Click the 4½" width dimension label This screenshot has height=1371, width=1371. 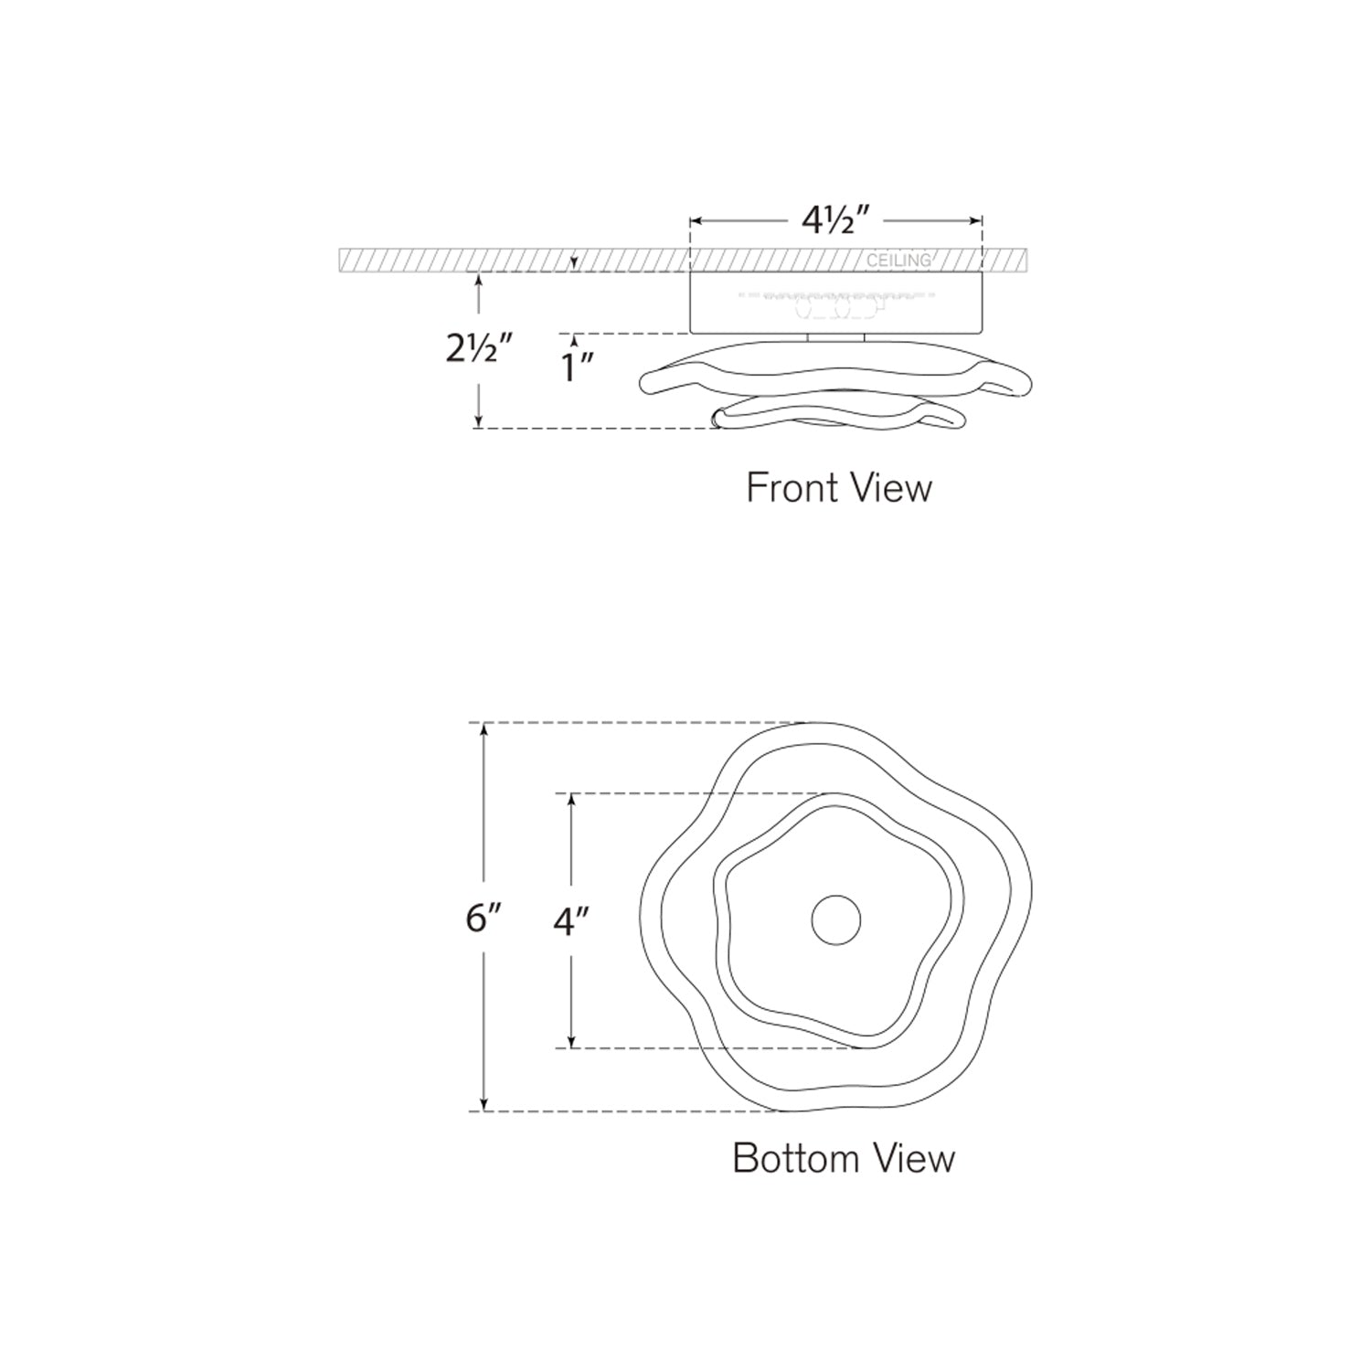pos(834,222)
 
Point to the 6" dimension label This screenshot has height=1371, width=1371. pos(484,918)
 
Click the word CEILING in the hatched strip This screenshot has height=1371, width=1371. pos(898,260)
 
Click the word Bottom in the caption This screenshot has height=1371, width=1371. pos(785,1158)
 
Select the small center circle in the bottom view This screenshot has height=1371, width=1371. pos(835,919)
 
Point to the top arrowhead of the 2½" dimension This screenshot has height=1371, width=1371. pos(478,280)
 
